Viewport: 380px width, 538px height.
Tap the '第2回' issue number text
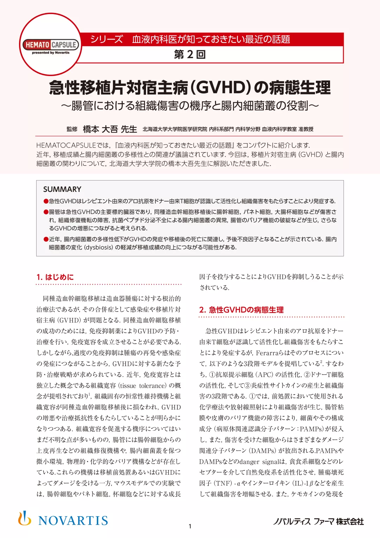click(x=190, y=55)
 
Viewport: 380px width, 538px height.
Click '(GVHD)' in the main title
click(x=220, y=88)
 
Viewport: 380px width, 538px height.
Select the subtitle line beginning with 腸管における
click(x=190, y=105)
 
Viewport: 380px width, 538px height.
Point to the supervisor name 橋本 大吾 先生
click(x=110, y=129)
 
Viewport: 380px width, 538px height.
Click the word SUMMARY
click(x=62, y=189)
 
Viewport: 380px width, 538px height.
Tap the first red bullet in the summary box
click(x=46, y=201)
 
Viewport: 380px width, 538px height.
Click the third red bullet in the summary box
click(x=46, y=239)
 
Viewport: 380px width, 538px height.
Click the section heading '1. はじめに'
click(x=55, y=277)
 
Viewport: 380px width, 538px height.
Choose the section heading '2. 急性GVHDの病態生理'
click(x=241, y=310)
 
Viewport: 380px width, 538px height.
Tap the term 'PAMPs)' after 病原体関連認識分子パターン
click(x=312, y=429)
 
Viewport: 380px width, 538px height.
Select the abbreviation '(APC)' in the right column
click(x=264, y=375)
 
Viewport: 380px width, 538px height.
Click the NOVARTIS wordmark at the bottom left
click(x=73, y=520)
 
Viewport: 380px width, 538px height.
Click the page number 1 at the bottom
click(x=190, y=526)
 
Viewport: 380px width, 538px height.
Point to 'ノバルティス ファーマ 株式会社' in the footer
click(x=318, y=521)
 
